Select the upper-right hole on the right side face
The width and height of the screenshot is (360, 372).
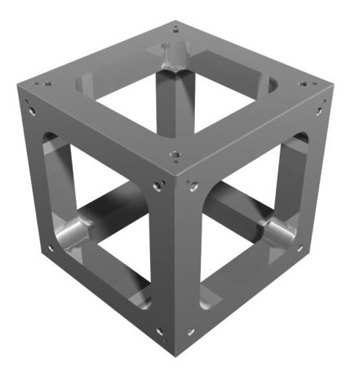tap(321, 112)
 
